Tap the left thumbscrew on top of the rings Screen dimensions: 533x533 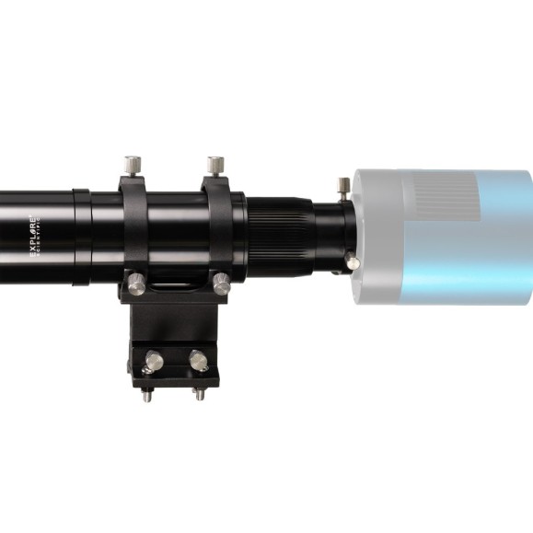(x=133, y=167)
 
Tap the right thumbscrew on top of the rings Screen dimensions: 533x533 (x=214, y=167)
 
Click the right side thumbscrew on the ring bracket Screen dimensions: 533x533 (x=221, y=284)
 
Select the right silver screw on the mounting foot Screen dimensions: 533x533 (x=197, y=359)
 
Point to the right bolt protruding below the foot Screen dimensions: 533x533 (x=199, y=395)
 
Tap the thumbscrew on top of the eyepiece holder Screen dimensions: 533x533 (x=343, y=187)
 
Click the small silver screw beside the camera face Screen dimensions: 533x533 (x=353, y=262)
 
